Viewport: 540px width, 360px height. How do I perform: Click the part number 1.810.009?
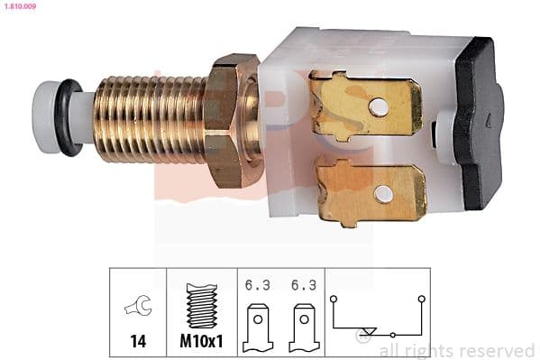pyautogui.click(x=19, y=7)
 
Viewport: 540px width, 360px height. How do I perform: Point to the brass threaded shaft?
pyautogui.click(x=149, y=119)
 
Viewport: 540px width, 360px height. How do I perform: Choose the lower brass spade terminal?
pyautogui.click(x=370, y=191)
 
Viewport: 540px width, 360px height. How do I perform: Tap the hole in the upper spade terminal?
pyautogui.click(x=380, y=106)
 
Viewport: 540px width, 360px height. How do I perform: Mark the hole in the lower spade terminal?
pyautogui.click(x=383, y=192)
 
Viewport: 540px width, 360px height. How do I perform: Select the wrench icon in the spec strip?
pyautogui.click(x=138, y=307)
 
